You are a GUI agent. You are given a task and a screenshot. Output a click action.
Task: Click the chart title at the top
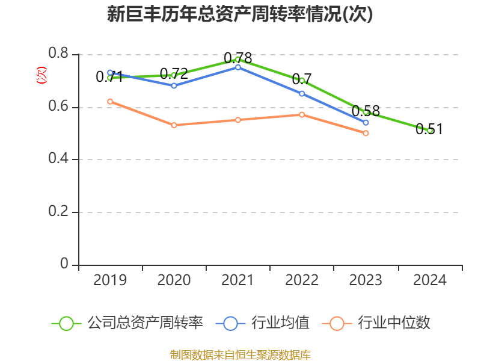pyautogui.click(x=240, y=14)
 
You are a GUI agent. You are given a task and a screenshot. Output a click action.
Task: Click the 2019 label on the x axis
pyautogui.click(x=110, y=280)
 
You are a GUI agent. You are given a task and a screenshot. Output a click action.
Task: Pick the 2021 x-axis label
pyautogui.click(x=238, y=280)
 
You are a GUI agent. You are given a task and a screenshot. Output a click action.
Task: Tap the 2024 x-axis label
pyautogui.click(x=430, y=280)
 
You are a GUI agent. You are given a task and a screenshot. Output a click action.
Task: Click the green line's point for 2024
pyautogui.click(x=430, y=131)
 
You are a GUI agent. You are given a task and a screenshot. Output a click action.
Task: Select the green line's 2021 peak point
pyautogui.click(x=238, y=60)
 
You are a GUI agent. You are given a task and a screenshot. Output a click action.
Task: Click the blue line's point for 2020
pyautogui.click(x=174, y=85)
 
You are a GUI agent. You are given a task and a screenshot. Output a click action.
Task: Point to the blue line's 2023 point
pyautogui.click(x=366, y=123)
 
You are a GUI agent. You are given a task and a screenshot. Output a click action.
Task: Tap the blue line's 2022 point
pyautogui.click(x=302, y=93)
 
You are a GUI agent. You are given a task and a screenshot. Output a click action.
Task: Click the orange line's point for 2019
pyautogui.click(x=110, y=101)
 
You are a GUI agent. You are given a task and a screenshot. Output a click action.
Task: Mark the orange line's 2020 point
pyautogui.click(x=174, y=125)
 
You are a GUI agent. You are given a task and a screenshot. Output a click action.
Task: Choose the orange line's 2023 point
pyautogui.click(x=366, y=133)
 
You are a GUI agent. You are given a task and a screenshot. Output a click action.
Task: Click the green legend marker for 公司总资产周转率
pyautogui.click(x=66, y=323)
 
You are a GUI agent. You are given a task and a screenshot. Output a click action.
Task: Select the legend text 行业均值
pyautogui.click(x=280, y=323)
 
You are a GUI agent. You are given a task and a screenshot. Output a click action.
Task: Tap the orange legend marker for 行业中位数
pyautogui.click(x=337, y=323)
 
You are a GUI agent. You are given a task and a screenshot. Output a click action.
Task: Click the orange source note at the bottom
pyautogui.click(x=240, y=354)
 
